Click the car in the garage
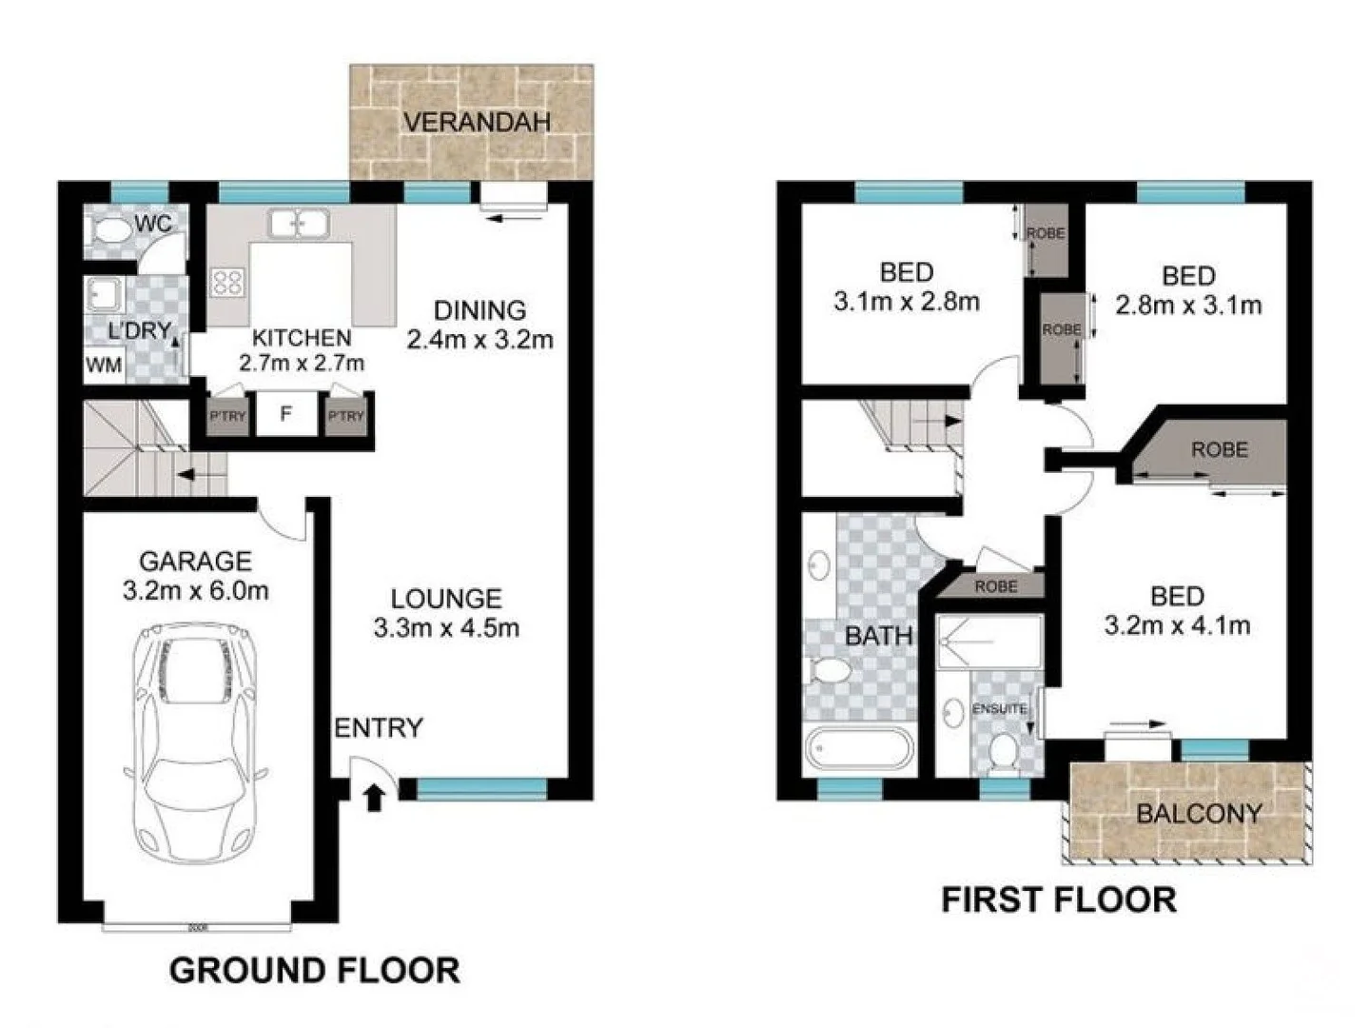[x=197, y=742]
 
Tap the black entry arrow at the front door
[x=374, y=797]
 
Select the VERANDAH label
[x=477, y=122]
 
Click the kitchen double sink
[x=299, y=225]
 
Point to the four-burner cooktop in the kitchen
[x=227, y=281]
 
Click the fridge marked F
[x=285, y=415]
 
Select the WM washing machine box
[x=104, y=366]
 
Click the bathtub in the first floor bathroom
[x=859, y=748]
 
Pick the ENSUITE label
[x=999, y=709]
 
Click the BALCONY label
[x=1199, y=814]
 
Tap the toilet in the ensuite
[x=1001, y=752]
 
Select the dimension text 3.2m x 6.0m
[x=195, y=591]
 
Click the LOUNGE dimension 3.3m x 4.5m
[x=446, y=628]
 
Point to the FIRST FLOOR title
[x=1058, y=899]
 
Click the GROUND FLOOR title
[x=314, y=971]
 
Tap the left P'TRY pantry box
[x=227, y=417]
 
